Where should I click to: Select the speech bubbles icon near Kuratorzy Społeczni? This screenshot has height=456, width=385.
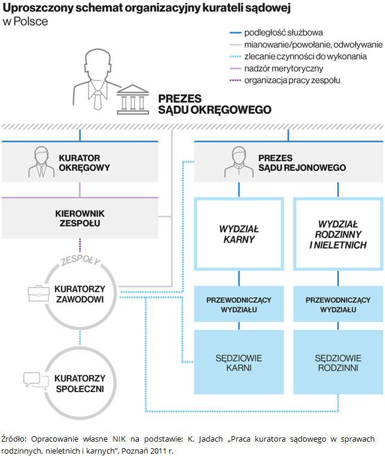[33, 380]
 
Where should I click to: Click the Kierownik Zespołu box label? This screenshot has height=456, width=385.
[80, 218]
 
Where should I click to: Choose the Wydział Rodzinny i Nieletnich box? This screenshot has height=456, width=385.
[338, 234]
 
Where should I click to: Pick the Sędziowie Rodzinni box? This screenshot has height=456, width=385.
[338, 363]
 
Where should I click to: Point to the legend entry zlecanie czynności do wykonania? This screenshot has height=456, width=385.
[305, 56]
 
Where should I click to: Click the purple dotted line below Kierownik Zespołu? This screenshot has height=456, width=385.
[80, 246]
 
